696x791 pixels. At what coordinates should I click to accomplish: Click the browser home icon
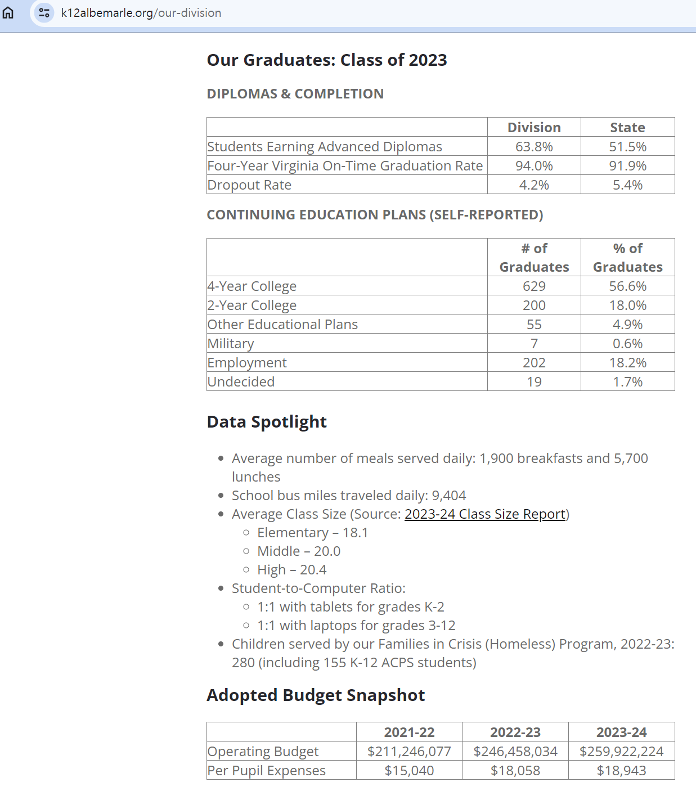8,12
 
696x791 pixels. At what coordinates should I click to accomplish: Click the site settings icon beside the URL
44,12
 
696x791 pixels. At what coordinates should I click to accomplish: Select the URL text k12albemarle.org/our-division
141,13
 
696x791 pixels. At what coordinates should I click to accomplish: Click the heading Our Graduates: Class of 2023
327,60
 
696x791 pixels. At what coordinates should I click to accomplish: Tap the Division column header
534,128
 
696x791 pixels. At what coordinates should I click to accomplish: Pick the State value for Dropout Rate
627,185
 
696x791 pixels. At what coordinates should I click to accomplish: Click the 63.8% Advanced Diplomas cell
534,147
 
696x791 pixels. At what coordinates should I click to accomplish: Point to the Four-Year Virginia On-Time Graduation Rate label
345,166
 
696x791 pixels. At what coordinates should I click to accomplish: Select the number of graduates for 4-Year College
534,286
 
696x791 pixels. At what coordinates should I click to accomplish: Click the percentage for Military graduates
627,344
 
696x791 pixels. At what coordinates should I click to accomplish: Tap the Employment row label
247,363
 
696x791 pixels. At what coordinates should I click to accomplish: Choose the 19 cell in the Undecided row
534,382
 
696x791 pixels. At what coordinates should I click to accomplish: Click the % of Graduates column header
627,258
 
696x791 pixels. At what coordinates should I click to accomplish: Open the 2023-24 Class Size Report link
485,514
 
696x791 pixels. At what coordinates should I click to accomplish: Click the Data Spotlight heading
267,422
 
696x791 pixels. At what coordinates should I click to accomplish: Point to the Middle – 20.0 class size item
299,551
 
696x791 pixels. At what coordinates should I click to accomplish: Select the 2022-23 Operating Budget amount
515,752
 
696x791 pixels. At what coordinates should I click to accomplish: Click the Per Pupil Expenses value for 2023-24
621,771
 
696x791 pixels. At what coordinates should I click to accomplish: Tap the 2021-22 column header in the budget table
409,732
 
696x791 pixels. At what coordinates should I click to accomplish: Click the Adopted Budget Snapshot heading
316,695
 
